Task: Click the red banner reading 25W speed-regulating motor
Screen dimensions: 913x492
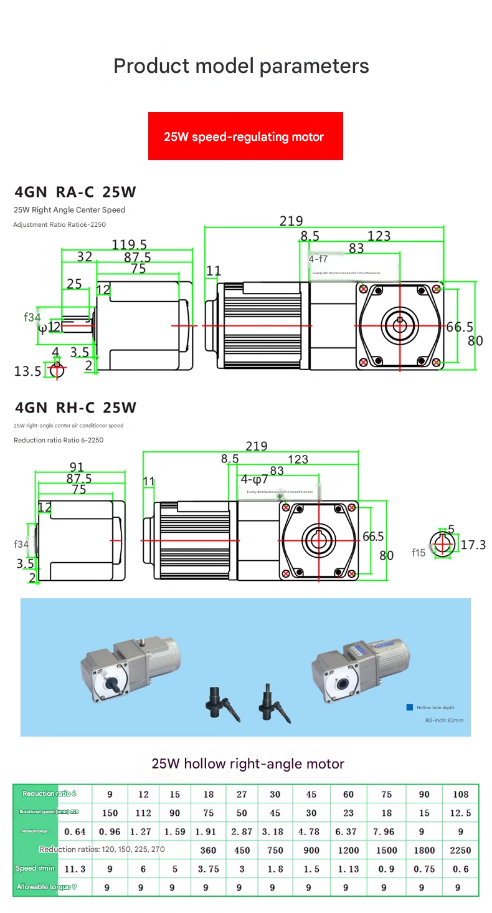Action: (x=245, y=136)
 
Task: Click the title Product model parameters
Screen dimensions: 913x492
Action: (x=241, y=66)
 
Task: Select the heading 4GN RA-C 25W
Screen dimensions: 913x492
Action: (x=75, y=192)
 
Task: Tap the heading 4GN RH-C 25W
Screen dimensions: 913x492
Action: (x=75, y=408)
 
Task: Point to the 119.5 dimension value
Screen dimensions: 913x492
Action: (x=129, y=244)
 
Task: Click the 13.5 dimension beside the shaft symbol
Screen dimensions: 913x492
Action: (x=27, y=371)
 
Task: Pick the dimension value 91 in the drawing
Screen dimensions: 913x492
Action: (x=77, y=467)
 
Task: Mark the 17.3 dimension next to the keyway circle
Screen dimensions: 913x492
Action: (x=473, y=545)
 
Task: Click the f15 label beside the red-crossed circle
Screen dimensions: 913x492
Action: (x=419, y=553)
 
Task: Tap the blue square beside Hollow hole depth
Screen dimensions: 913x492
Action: (x=409, y=707)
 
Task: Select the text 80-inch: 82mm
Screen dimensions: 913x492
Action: (x=444, y=720)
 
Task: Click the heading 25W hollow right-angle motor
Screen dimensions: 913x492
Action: (x=248, y=763)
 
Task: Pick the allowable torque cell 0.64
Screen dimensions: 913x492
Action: (x=75, y=831)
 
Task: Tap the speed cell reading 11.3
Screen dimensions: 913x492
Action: (x=75, y=869)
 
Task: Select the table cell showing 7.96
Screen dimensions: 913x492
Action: (x=386, y=831)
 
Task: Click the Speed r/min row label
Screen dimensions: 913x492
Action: (x=35, y=869)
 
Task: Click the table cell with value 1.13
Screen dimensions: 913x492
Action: (x=348, y=869)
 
